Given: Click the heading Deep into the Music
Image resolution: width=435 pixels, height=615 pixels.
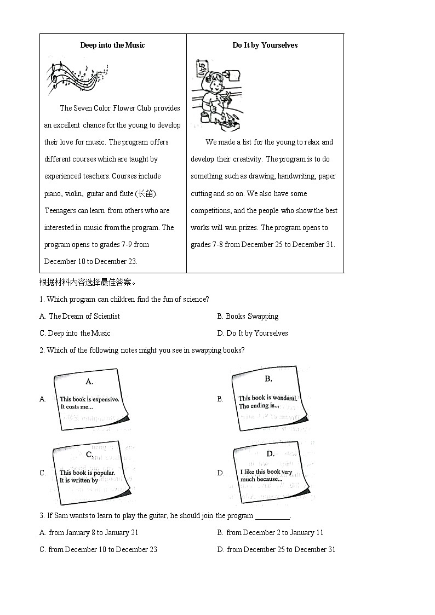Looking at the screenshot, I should (112, 45).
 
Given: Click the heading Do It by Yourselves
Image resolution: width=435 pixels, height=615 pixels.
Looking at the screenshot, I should (265, 45).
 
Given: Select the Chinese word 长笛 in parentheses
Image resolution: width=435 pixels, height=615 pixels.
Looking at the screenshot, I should (146, 193).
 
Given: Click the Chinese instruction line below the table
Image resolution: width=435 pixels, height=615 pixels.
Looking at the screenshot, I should (88, 283).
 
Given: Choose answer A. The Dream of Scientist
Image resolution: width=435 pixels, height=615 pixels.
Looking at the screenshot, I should (79, 316).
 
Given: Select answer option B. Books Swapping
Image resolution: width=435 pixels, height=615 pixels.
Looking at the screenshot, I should (248, 316).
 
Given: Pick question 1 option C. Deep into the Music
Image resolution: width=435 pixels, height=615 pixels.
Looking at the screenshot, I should (75, 333).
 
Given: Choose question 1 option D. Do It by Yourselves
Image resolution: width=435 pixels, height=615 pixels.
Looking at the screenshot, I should (253, 333).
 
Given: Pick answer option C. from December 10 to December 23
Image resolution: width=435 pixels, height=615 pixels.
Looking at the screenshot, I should (98, 549).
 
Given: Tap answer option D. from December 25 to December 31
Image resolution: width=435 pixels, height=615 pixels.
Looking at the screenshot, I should (276, 549).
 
